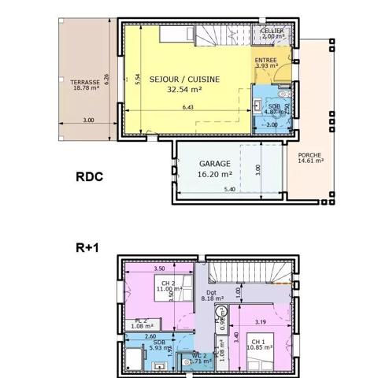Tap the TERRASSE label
pyautogui.click(x=84, y=82)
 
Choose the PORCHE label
pyautogui.click(x=309, y=154)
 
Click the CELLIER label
pyautogui.click(x=272, y=30)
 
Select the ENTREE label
pyautogui.click(x=266, y=59)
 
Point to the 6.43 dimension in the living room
pyautogui.click(x=187, y=107)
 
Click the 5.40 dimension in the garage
pyautogui.click(x=229, y=191)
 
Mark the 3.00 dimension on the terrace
pyautogui.click(x=88, y=120)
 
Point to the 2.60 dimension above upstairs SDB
pyautogui.click(x=149, y=335)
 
